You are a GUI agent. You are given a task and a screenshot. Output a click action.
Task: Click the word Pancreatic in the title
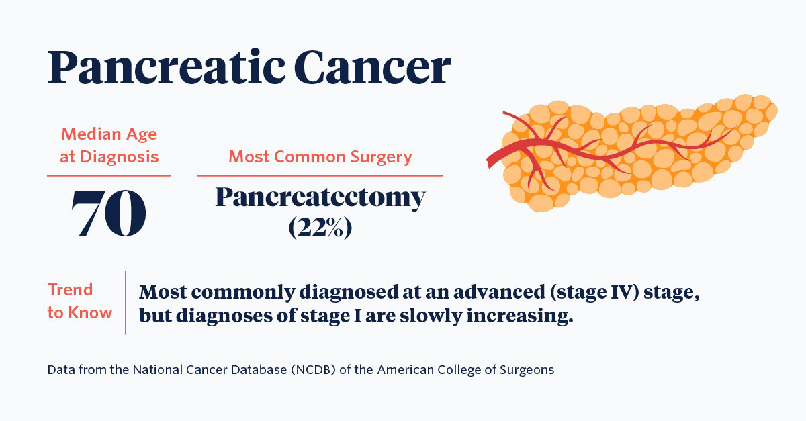[167, 67]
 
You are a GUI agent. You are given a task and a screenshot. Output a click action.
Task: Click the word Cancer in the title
[372, 67]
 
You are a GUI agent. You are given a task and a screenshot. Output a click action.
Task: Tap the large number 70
[109, 213]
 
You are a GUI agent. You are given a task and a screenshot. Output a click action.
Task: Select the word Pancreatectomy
[320, 197]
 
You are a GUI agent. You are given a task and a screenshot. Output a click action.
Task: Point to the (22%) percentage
[320, 228]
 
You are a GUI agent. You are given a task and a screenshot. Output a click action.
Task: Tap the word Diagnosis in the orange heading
[119, 157]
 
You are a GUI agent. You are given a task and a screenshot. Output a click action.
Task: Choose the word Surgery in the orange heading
[381, 157]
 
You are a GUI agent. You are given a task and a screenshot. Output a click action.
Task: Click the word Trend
[70, 289]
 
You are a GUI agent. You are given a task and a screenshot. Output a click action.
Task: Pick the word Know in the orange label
[90, 312]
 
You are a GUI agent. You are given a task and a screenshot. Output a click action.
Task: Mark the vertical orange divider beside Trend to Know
[126, 303]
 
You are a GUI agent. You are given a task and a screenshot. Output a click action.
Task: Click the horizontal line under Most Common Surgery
[320, 176]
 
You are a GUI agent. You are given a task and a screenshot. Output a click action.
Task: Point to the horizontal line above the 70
[109, 176]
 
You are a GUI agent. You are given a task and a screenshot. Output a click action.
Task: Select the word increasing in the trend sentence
[520, 316]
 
